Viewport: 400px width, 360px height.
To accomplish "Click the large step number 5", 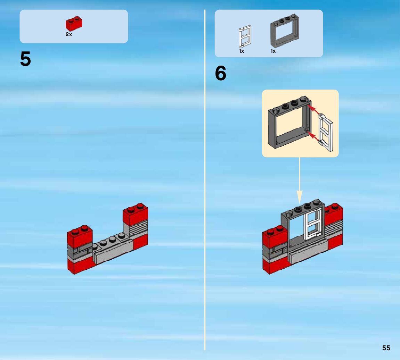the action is [25, 59].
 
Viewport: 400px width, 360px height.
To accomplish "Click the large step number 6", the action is [221, 74].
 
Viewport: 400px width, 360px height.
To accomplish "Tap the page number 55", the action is [386, 348].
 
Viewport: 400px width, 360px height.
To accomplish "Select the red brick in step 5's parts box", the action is [74, 24].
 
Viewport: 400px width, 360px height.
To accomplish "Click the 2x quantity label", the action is [69, 34].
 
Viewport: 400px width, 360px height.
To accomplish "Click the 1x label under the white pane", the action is [242, 51].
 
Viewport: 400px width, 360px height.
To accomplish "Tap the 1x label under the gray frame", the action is [273, 51].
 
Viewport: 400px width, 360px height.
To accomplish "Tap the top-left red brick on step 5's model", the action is [80, 236].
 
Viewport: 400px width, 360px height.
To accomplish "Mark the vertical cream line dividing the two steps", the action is [205, 181].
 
